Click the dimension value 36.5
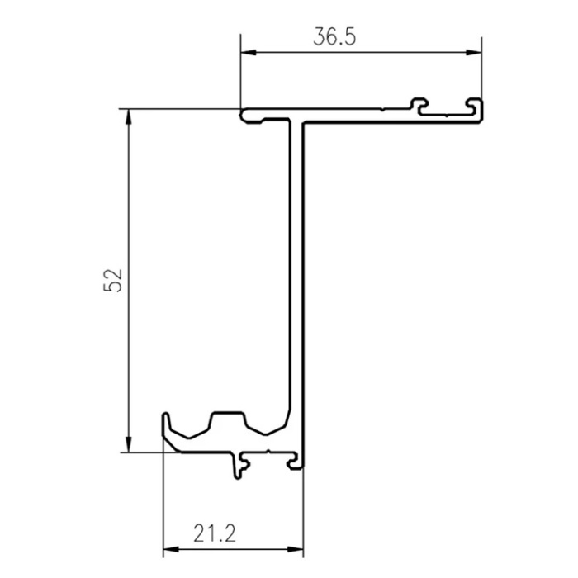[334, 37]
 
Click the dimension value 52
[113, 281]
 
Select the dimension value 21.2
[215, 533]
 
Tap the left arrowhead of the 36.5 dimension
[248, 52]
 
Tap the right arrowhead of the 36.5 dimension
[474, 52]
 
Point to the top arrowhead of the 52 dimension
[128, 117]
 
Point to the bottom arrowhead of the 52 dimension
[128, 444]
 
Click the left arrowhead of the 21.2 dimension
[171, 549]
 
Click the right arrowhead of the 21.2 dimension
[296, 549]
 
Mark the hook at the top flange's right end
[476, 109]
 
